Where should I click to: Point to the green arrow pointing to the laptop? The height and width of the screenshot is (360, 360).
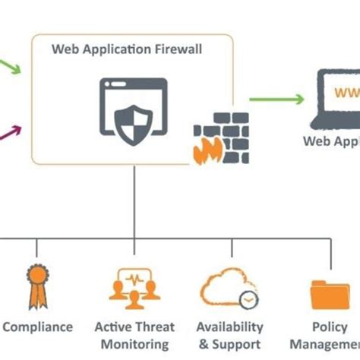[x=276, y=99]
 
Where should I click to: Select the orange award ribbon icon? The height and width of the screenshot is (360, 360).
[x=36, y=286]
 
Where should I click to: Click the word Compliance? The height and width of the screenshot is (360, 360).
[x=38, y=327]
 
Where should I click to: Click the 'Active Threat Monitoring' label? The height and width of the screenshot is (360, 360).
[x=134, y=335]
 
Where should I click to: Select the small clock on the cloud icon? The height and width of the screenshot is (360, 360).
[x=248, y=300]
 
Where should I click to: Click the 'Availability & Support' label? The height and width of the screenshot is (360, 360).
[x=229, y=335]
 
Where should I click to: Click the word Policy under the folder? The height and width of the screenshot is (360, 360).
[x=330, y=327]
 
